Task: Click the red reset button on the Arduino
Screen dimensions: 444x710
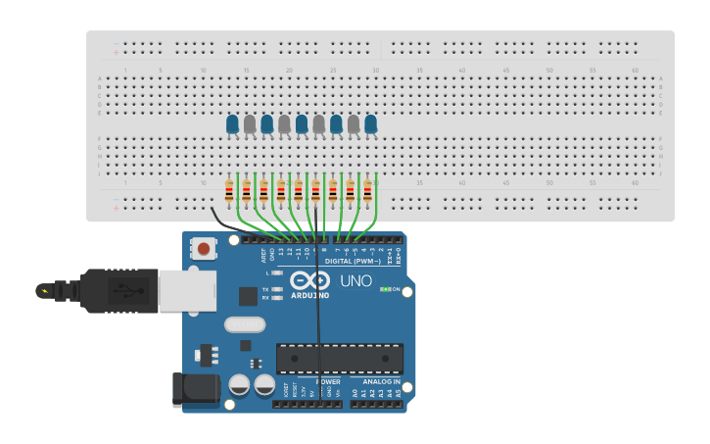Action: tap(204, 248)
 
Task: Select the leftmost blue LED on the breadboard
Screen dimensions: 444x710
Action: tap(232, 124)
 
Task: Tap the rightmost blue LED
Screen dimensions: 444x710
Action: tap(371, 124)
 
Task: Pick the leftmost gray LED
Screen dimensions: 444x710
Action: tap(250, 124)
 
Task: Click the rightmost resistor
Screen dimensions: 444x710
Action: tap(368, 191)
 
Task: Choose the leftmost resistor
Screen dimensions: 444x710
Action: tap(229, 191)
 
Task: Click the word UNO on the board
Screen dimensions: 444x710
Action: tap(355, 281)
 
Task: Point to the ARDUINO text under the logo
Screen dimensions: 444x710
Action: tap(310, 295)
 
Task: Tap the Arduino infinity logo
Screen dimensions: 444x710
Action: tap(310, 279)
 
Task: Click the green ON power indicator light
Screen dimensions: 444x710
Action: tap(386, 289)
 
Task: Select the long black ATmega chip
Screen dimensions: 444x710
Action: tap(339, 359)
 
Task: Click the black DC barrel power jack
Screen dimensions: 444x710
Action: tap(196, 389)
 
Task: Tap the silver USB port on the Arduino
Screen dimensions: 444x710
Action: tap(187, 290)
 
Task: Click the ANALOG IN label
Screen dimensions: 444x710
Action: tap(376, 381)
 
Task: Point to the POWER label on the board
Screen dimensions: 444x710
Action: tap(315, 381)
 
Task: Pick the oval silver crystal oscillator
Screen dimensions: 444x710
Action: tap(245, 324)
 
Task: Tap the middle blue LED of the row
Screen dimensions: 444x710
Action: tap(302, 124)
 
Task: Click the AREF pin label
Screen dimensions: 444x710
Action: tap(263, 254)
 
